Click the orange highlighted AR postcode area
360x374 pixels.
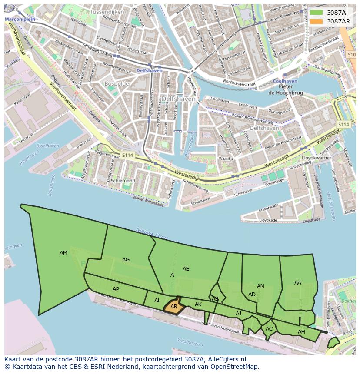(x=173, y=306)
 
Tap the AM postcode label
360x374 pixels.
(x=63, y=253)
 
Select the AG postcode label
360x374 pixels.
(x=126, y=260)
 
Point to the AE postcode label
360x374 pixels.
(x=186, y=269)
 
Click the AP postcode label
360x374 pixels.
(x=116, y=289)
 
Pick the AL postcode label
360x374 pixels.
(x=157, y=301)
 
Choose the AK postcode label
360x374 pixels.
(x=198, y=304)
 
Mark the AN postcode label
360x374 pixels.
(x=260, y=286)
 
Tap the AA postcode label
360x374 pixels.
(x=297, y=283)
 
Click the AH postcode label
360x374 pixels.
(x=301, y=332)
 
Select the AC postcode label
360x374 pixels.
(x=269, y=329)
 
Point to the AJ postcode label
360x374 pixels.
(x=238, y=314)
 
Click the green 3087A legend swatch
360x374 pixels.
(x=316, y=13)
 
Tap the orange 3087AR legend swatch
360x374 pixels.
(x=316, y=21)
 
